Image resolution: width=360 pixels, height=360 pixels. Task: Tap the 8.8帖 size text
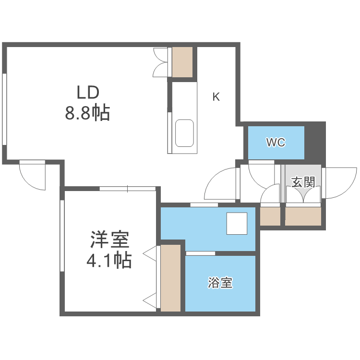(x=88, y=113)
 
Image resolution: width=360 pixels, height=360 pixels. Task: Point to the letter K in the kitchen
(x=216, y=97)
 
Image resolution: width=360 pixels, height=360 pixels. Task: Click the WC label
(x=276, y=143)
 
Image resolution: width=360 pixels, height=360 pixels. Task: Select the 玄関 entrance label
(x=303, y=182)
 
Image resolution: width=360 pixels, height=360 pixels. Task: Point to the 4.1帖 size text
(x=109, y=261)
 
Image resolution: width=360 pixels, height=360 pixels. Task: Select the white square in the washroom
(x=237, y=224)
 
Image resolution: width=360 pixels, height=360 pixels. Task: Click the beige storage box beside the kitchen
(x=182, y=61)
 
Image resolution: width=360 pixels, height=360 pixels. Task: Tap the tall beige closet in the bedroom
(x=170, y=277)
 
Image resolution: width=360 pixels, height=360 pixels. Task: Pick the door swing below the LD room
(x=33, y=175)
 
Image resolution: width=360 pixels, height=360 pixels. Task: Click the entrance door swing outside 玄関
(x=340, y=182)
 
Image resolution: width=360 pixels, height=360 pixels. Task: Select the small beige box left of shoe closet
(x=269, y=216)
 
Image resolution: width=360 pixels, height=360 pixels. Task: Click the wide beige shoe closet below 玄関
(x=303, y=216)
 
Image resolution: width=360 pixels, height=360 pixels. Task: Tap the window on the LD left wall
(x=4, y=108)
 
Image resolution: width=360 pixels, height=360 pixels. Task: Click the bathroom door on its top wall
(x=200, y=253)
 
